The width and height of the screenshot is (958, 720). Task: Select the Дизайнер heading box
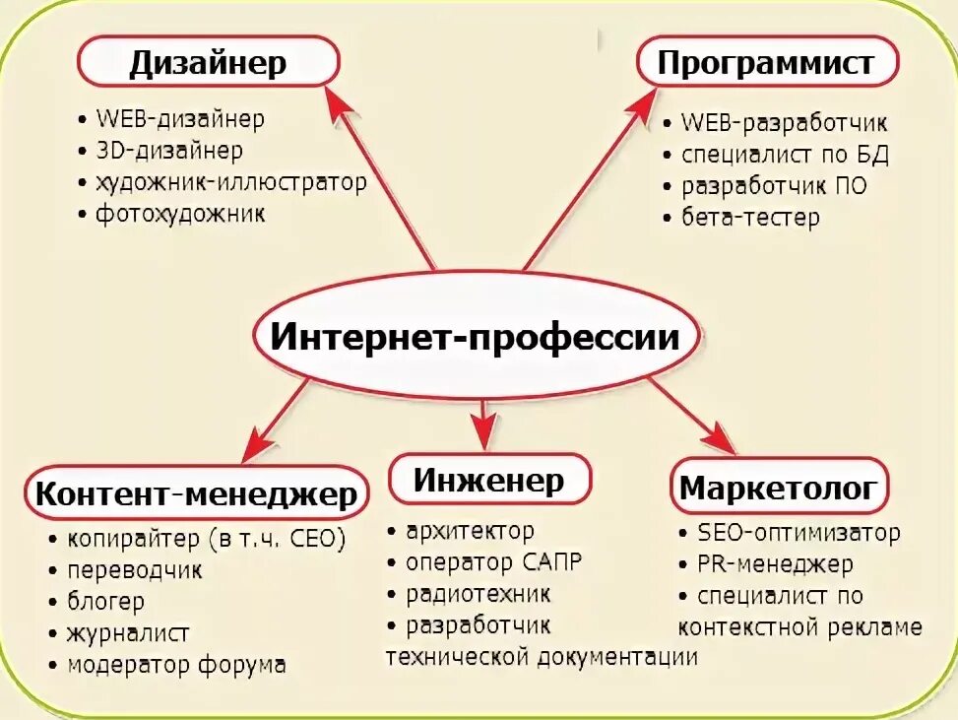[209, 63]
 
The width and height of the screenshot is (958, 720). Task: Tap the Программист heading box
[766, 63]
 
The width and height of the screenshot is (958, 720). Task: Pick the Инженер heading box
[489, 480]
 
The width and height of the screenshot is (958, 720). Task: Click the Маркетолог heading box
[778, 487]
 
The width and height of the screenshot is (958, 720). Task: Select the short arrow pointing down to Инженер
[482, 424]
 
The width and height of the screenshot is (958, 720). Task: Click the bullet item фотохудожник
[180, 214]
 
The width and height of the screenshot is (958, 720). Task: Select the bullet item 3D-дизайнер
[169, 151]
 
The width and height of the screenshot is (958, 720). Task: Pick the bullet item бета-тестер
[750, 217]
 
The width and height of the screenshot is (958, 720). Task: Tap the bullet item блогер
[106, 601]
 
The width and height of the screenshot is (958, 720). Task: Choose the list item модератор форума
[177, 665]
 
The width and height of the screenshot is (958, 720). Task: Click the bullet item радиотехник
[479, 594]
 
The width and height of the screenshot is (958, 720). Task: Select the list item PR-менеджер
[776, 564]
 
